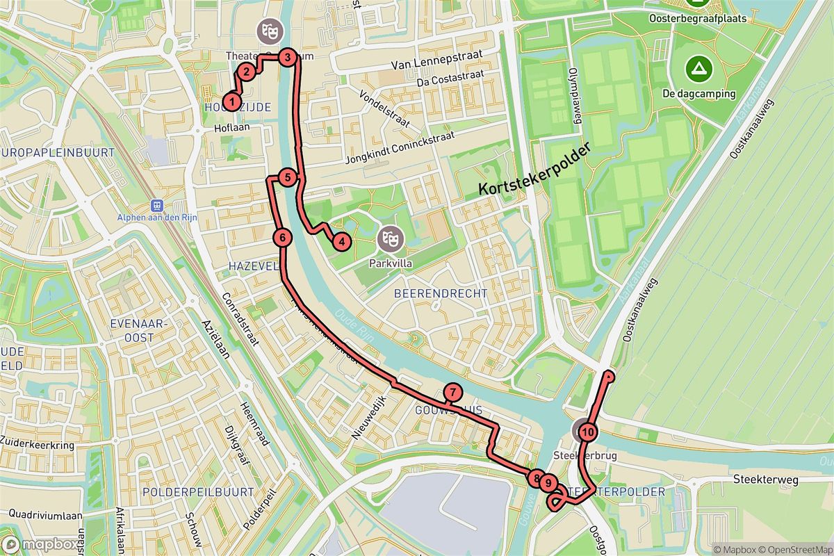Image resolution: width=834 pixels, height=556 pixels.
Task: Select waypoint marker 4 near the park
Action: click(x=341, y=241)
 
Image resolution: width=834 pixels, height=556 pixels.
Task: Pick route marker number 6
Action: click(x=282, y=238)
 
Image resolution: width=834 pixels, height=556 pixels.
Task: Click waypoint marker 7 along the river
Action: click(x=452, y=391)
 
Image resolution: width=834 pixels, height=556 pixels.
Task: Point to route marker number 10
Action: click(x=588, y=432)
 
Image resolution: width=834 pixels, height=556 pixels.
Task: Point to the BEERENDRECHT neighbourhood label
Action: click(x=441, y=293)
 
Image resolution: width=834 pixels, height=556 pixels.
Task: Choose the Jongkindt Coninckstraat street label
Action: click(x=400, y=149)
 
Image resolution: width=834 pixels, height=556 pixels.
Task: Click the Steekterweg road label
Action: click(x=764, y=480)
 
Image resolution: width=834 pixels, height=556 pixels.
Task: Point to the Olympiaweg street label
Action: click(x=575, y=97)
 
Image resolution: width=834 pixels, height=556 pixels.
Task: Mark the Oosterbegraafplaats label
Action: click(x=696, y=18)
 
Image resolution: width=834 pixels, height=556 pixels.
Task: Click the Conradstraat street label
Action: click(x=240, y=313)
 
